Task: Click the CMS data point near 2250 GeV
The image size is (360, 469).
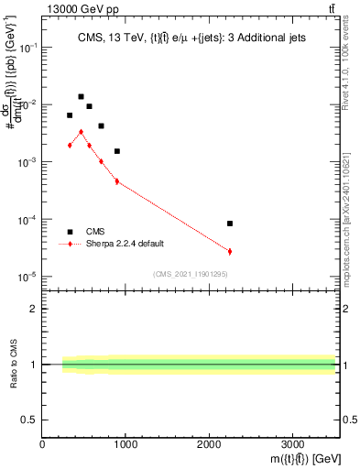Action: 230,224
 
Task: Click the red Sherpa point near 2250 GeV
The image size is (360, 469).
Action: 230,251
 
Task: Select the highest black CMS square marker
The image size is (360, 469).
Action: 81,96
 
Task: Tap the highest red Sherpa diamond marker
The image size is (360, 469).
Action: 81,132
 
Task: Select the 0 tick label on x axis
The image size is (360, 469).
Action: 43,444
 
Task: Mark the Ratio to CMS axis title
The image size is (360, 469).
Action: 14,364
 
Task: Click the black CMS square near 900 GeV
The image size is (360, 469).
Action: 117,151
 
